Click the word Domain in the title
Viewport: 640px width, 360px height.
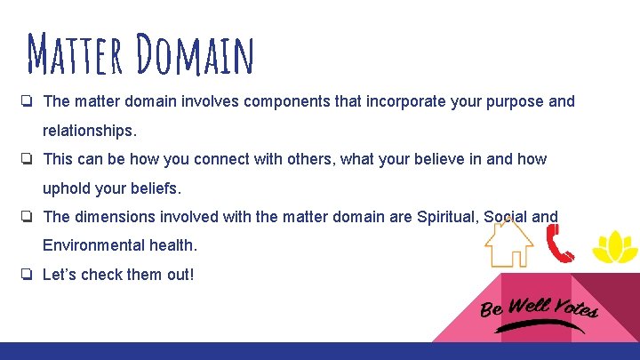click(x=196, y=55)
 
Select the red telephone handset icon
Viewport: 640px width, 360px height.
click(x=559, y=243)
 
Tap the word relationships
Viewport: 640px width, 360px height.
click(x=89, y=131)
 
